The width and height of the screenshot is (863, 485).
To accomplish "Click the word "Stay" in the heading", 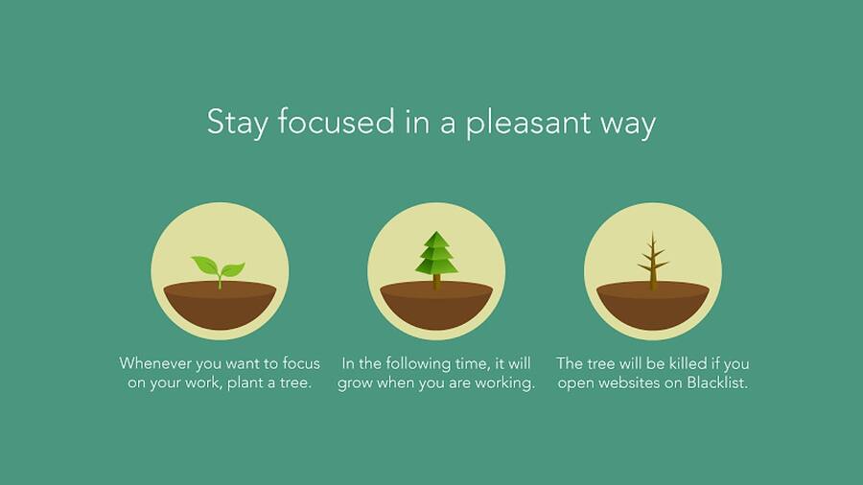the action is (x=237, y=122).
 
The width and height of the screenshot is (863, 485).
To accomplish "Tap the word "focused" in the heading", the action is (x=336, y=121).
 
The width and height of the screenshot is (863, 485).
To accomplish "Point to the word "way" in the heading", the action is (x=628, y=126).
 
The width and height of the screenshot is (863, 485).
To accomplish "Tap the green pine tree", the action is (x=436, y=253).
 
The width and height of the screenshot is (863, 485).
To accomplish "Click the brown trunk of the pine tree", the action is (x=436, y=282).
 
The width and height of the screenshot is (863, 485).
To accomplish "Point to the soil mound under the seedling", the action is (x=221, y=306).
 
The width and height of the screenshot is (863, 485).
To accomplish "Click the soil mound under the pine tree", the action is (x=436, y=306).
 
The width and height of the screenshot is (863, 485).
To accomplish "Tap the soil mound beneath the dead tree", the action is (x=653, y=306).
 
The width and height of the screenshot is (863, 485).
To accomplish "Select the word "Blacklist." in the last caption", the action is (x=717, y=382).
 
